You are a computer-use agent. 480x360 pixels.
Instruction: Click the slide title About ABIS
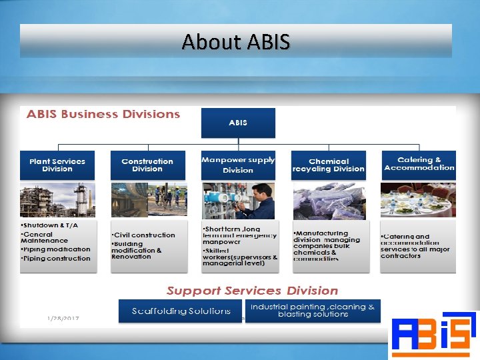pyautogui.click(x=236, y=42)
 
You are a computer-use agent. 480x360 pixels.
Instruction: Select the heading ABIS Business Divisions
pyautogui.click(x=103, y=114)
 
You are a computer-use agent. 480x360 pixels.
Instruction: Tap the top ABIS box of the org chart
pyautogui.click(x=238, y=123)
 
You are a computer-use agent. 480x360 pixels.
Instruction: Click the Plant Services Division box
pyautogui.click(x=57, y=165)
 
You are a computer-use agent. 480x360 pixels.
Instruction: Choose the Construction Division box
pyautogui.click(x=147, y=165)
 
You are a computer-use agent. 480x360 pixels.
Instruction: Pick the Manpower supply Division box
pyautogui.click(x=238, y=165)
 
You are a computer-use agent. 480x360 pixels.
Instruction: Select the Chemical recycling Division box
pyautogui.click(x=329, y=165)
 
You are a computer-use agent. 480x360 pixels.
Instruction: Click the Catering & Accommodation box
pyautogui.click(x=419, y=164)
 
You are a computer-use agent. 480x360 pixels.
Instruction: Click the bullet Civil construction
pyautogui.click(x=145, y=235)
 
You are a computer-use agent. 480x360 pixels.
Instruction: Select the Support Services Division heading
pyautogui.click(x=252, y=291)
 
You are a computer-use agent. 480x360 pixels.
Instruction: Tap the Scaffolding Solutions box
pyautogui.click(x=181, y=311)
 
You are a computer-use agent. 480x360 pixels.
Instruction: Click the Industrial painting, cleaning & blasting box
pyautogui.click(x=313, y=311)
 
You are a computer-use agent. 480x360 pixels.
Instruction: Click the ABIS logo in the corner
pyautogui.click(x=433, y=334)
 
